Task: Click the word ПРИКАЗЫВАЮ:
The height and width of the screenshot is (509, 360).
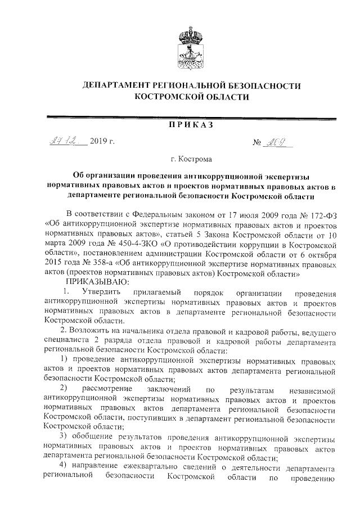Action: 98,281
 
